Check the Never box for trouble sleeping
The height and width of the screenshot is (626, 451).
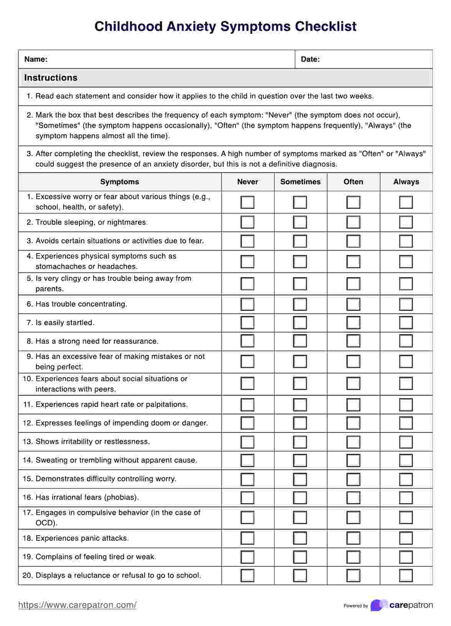247,222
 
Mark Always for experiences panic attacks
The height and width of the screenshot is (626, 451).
406,538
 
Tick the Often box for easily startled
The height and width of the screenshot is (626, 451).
353,323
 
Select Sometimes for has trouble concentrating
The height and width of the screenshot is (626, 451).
300,304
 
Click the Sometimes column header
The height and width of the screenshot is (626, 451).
300,182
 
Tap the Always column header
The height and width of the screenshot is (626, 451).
406,182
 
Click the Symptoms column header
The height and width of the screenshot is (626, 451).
120,182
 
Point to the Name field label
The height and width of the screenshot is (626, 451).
36,59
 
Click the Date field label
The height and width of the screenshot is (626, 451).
310,59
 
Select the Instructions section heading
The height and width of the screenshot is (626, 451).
51,78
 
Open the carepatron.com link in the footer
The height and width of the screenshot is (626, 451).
77,605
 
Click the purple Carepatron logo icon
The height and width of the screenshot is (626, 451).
378,605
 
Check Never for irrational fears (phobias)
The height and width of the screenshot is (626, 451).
247,498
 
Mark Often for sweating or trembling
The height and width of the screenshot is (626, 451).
353,460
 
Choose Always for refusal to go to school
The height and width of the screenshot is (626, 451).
406,576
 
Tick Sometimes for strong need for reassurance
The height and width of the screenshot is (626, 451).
300,341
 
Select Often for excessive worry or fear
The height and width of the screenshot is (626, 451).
353,202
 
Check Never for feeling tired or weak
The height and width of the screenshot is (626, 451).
247,557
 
